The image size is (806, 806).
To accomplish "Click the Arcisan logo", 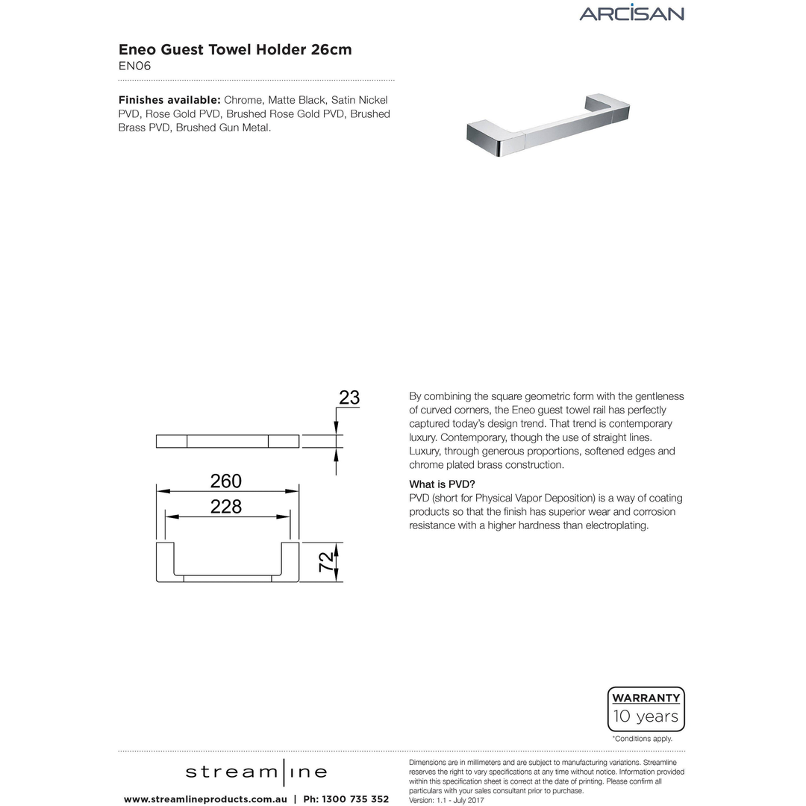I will pos(631,13).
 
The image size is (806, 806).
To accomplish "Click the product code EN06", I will pos(135,66).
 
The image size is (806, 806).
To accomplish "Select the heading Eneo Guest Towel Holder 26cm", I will pos(235,49).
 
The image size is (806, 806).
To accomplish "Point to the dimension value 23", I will pos(349,398).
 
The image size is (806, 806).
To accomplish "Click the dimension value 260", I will pos(226,481).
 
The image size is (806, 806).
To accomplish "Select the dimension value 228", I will pos(226,507).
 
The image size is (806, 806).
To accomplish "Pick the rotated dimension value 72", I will pos(326,562).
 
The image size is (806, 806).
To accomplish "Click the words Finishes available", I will pos(169,100).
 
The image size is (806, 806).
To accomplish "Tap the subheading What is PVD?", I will pos(442,484).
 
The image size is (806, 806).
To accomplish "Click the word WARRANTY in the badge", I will pos(646,699).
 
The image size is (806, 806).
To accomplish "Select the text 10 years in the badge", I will pos(646,717).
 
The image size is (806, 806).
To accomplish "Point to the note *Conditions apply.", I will pos(643,739).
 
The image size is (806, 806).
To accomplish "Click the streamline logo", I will pos(256,772).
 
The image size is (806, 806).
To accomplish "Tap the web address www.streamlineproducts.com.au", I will pos(205,799).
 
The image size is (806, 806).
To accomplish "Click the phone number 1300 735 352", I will pos(355,799).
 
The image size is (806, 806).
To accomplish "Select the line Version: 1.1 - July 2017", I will pos(447,800).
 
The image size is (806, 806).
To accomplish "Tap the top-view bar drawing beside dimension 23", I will pos(227,441).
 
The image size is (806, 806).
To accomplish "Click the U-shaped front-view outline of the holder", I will pos(227,576).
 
